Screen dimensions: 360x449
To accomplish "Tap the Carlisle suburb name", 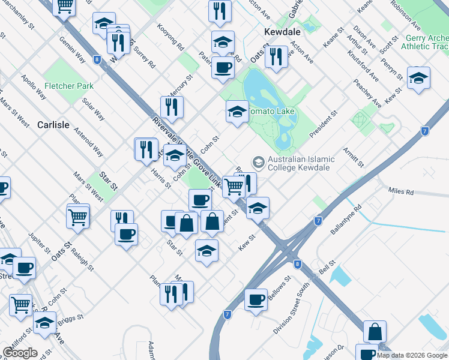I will [x=53, y=125].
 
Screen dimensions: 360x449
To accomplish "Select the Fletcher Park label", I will [x=68, y=86].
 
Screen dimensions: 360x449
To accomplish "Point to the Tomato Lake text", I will [x=271, y=112].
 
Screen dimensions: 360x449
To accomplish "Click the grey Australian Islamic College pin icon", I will [x=259, y=161].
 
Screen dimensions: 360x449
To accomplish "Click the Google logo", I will [x=20, y=353].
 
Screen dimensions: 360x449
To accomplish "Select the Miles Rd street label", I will [x=401, y=192].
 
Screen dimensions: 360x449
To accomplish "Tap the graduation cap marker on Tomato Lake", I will [x=237, y=111].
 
